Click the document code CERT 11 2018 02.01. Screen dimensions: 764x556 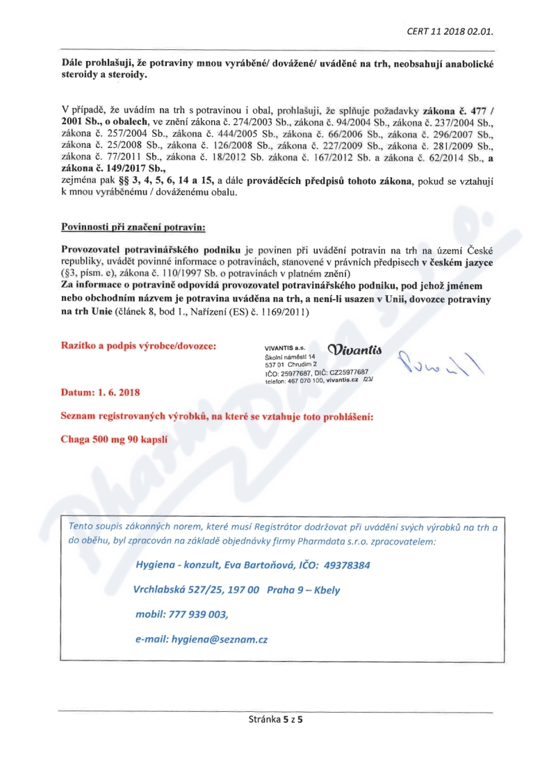[x=454, y=31]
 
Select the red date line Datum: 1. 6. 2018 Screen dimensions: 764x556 [x=100, y=392]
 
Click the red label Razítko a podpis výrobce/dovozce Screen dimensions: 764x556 [x=139, y=345]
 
